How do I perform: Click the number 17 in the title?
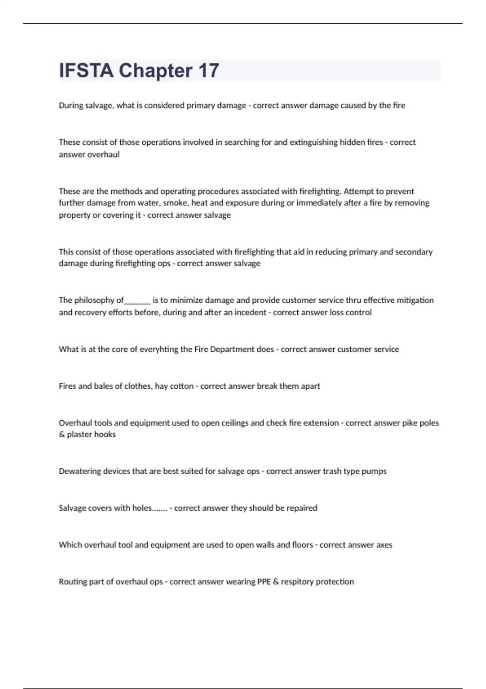(x=209, y=71)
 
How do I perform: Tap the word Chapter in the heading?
(x=156, y=71)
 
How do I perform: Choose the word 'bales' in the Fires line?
(x=103, y=386)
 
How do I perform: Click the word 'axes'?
(x=384, y=545)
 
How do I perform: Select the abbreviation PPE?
(x=264, y=582)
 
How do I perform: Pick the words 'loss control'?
(x=351, y=312)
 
